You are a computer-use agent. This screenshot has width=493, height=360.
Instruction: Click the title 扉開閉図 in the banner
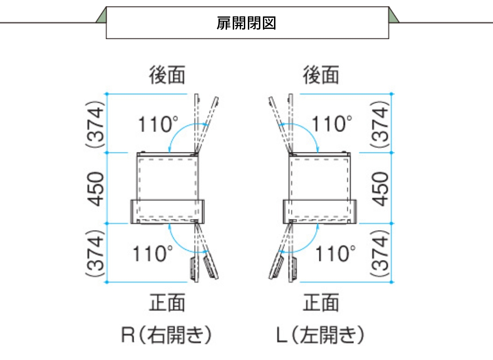pyautogui.click(x=246, y=23)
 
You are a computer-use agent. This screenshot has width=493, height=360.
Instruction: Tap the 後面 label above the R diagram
pyautogui.click(x=167, y=75)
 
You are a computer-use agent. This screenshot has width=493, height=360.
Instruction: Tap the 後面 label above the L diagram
pyautogui.click(x=321, y=75)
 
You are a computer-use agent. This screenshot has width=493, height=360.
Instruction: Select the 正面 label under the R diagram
pyautogui.click(x=167, y=302)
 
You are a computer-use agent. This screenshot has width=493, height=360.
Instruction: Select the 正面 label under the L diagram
pyautogui.click(x=321, y=302)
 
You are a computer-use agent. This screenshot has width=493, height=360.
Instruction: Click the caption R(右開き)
pyautogui.click(x=166, y=335)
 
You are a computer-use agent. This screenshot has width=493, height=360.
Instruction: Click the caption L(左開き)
pyautogui.click(x=320, y=335)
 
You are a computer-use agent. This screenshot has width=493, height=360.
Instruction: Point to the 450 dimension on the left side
pyautogui.click(x=95, y=189)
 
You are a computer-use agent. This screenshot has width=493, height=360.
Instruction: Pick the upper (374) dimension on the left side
pyautogui.click(x=95, y=124)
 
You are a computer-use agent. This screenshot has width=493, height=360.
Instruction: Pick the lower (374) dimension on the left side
pyautogui.click(x=95, y=253)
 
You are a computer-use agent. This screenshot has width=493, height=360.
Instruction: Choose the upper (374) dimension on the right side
pyautogui.click(x=380, y=124)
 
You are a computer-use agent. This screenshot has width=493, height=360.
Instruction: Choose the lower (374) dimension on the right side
pyautogui.click(x=380, y=253)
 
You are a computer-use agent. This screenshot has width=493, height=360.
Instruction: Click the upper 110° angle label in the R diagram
pyautogui.click(x=158, y=124)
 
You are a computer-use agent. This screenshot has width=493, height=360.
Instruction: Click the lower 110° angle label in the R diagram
pyautogui.click(x=153, y=254)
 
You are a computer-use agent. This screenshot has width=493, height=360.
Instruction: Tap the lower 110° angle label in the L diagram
pyautogui.click(x=335, y=254)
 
